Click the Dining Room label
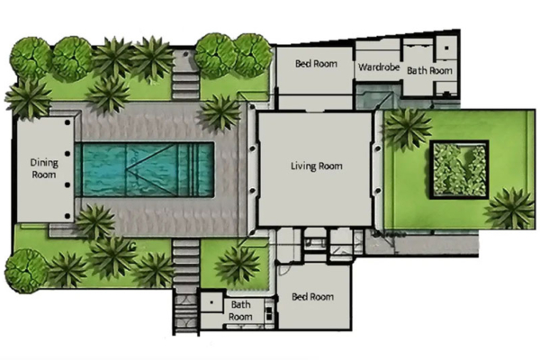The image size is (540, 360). (x=43, y=169)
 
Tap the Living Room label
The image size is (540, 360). (x=316, y=166)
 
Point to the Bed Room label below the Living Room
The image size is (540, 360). (x=312, y=297)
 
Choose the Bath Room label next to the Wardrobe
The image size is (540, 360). (x=427, y=70)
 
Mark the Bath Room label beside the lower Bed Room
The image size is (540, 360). (x=239, y=310)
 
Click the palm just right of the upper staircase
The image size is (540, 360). (x=220, y=112)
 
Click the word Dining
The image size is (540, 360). (x=43, y=163)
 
